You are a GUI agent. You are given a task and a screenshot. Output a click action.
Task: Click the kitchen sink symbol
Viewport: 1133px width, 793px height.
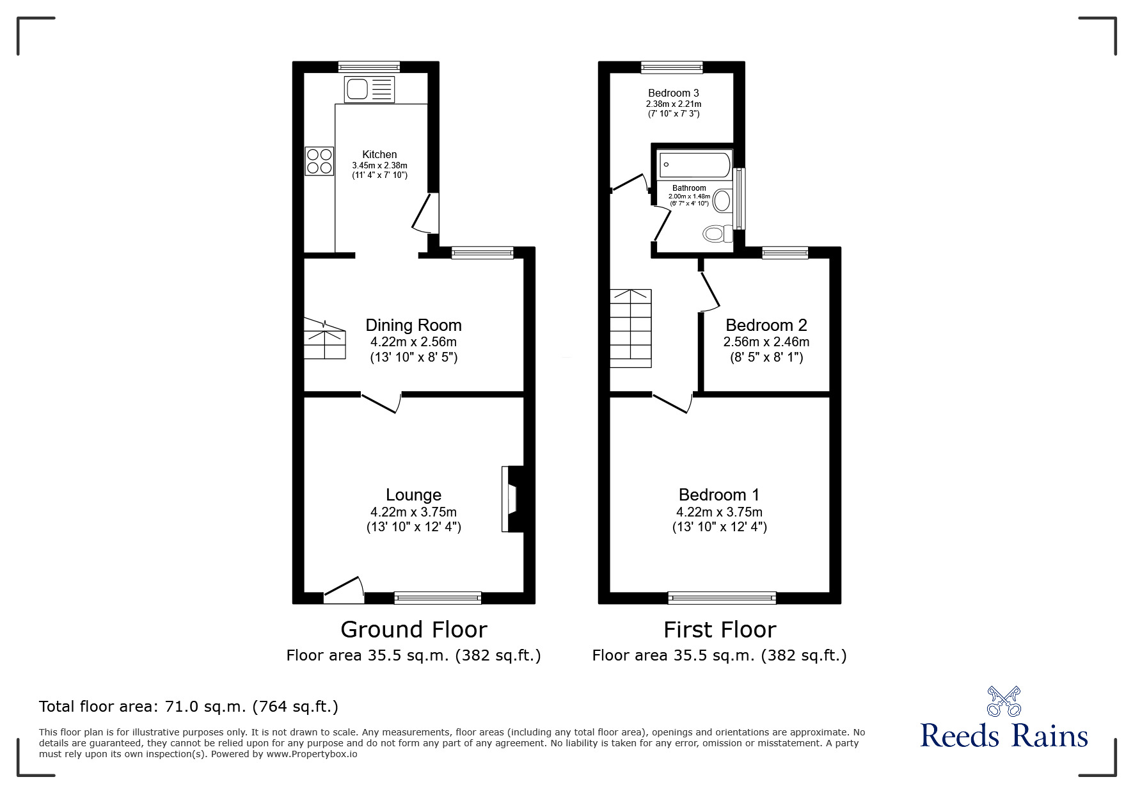(x=370, y=89)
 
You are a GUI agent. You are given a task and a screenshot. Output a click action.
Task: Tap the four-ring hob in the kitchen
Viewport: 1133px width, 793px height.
(x=320, y=161)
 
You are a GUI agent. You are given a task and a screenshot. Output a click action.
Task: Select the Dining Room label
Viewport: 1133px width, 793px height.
(x=413, y=325)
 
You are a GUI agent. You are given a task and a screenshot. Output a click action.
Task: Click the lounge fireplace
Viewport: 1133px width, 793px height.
(x=512, y=499)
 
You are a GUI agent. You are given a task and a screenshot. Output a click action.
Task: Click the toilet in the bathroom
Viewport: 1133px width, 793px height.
(x=717, y=234)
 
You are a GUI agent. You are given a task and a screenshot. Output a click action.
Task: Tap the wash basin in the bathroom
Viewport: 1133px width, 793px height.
(x=722, y=200)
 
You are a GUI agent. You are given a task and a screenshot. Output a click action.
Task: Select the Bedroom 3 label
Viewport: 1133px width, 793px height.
(x=673, y=93)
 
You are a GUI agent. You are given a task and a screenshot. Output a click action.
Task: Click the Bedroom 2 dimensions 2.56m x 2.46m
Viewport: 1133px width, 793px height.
(x=766, y=342)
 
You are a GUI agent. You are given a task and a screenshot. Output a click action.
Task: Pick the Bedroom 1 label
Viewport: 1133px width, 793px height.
(x=718, y=495)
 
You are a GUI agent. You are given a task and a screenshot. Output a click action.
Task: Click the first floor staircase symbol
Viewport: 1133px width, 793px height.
(x=630, y=328)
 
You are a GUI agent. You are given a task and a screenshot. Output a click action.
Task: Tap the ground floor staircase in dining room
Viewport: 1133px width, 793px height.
(x=324, y=339)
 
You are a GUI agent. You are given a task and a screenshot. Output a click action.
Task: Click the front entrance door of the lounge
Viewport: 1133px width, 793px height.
(x=344, y=590)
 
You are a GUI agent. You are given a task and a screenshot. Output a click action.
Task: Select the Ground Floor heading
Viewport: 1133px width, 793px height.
(x=413, y=630)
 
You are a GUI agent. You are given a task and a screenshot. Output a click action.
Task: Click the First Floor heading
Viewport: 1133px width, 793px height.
(x=719, y=630)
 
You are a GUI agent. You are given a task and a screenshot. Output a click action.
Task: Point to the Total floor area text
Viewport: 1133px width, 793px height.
(x=189, y=707)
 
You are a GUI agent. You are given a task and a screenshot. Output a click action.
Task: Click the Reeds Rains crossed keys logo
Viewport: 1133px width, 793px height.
(x=1004, y=701)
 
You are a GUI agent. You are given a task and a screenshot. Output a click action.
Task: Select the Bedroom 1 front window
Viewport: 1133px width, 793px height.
(x=722, y=598)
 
